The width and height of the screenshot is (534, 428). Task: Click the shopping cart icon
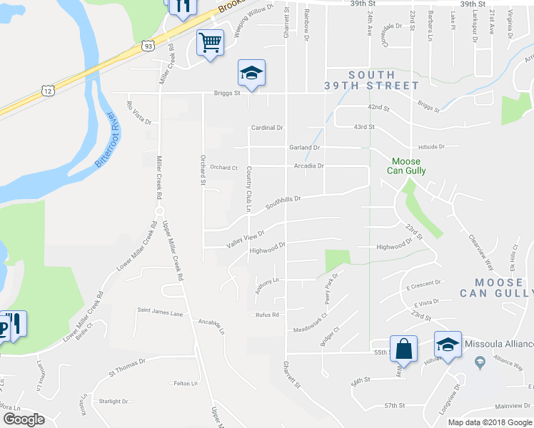(x=211, y=42)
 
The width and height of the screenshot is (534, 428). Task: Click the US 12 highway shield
(x=47, y=91)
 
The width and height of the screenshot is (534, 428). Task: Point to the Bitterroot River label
(x=108, y=140)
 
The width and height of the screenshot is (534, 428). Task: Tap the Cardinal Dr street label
(x=267, y=128)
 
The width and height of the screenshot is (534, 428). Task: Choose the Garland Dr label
(x=304, y=147)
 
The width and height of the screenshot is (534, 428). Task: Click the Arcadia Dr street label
(x=309, y=165)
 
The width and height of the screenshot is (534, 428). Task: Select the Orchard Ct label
(x=223, y=168)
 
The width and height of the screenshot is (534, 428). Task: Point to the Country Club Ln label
(x=248, y=189)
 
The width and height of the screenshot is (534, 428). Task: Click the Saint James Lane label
(x=161, y=312)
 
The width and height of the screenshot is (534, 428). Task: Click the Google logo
(x=24, y=419)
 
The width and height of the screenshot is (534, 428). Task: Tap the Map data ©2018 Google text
(x=489, y=422)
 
